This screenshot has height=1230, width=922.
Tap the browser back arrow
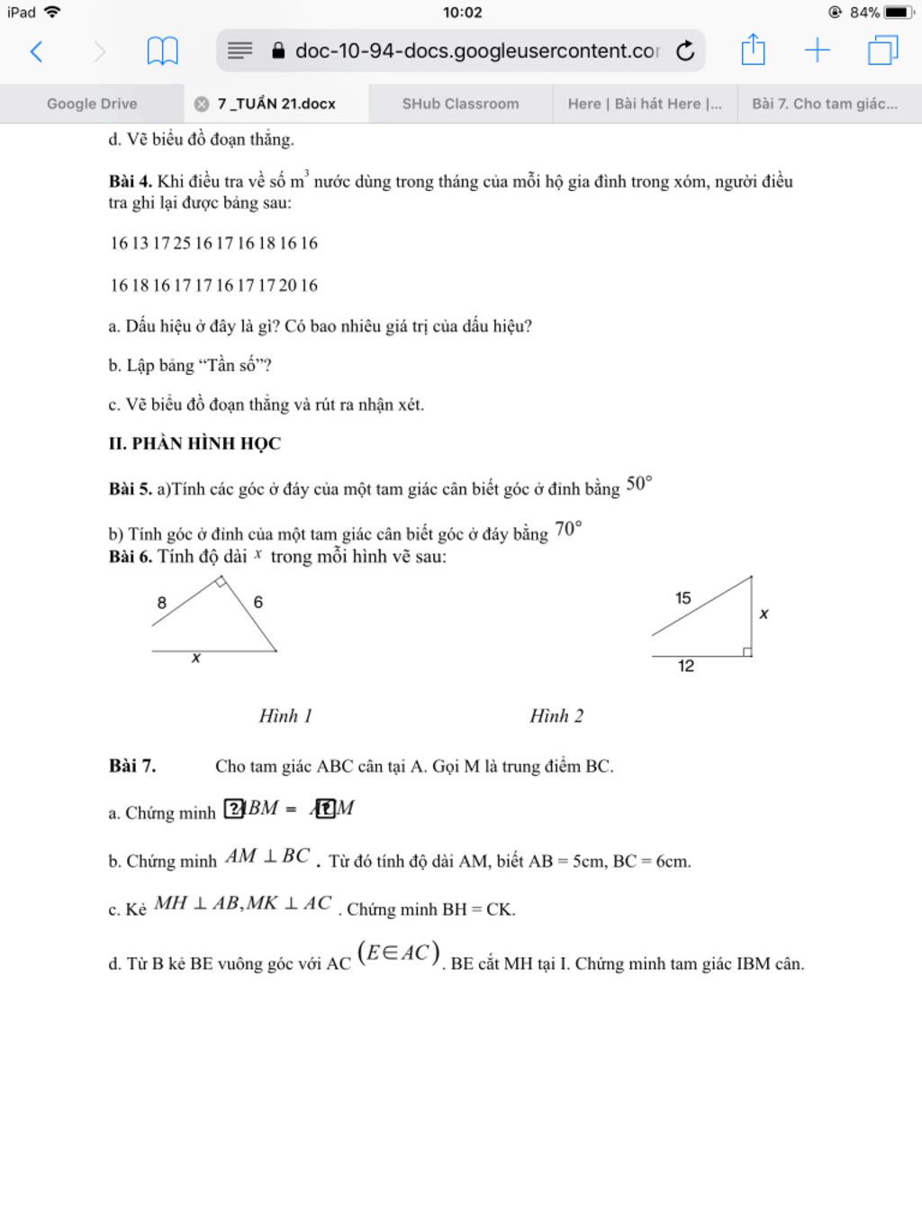36,51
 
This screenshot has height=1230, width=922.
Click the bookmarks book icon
162,51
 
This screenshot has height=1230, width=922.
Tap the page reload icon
685,51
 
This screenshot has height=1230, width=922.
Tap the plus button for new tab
817,50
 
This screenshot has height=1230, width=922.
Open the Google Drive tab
92,104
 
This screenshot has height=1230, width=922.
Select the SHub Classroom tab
460,104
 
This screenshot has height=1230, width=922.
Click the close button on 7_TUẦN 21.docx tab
202,104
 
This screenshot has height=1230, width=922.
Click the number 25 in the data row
182,243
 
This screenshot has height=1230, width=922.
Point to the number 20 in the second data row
287,286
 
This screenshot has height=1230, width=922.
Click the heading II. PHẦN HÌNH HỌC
194,443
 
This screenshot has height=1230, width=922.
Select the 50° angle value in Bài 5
638,484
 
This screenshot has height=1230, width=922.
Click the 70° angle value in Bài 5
568,529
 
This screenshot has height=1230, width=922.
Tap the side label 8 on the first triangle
162,603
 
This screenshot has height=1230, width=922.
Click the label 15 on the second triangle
683,598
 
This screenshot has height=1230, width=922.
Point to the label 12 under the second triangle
686,666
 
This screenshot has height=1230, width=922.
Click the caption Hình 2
556,716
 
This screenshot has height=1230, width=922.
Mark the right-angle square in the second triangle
746,651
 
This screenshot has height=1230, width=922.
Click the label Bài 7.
132,766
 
